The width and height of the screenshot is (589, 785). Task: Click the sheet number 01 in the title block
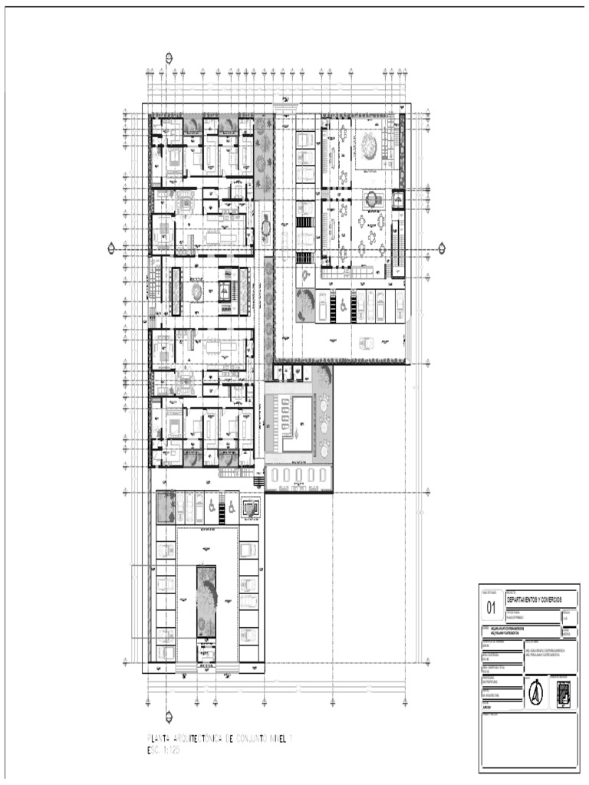(492, 608)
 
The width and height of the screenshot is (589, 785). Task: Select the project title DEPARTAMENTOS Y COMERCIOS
(535, 598)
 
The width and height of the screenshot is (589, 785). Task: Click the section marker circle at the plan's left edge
(112, 248)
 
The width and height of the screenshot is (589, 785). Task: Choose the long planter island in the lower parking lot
(206, 600)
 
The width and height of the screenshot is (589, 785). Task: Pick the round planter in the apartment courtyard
(196, 291)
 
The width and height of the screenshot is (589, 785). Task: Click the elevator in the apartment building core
(225, 291)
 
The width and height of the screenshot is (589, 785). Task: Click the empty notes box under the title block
(528, 740)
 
